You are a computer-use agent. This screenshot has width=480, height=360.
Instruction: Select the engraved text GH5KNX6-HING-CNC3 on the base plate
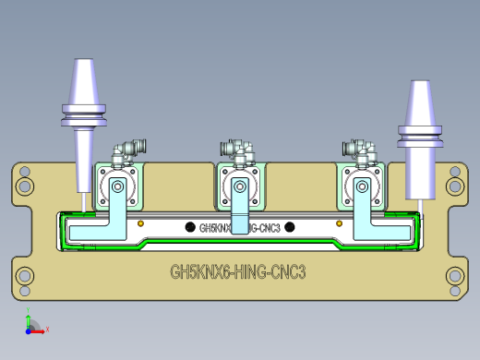[238, 272]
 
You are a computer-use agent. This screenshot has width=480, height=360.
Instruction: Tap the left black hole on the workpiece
[190, 227]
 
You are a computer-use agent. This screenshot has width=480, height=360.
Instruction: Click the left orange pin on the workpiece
[139, 223]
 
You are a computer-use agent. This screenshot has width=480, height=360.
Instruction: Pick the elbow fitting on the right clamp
[359, 147]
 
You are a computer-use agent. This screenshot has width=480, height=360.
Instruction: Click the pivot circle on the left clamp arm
[117, 187]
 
